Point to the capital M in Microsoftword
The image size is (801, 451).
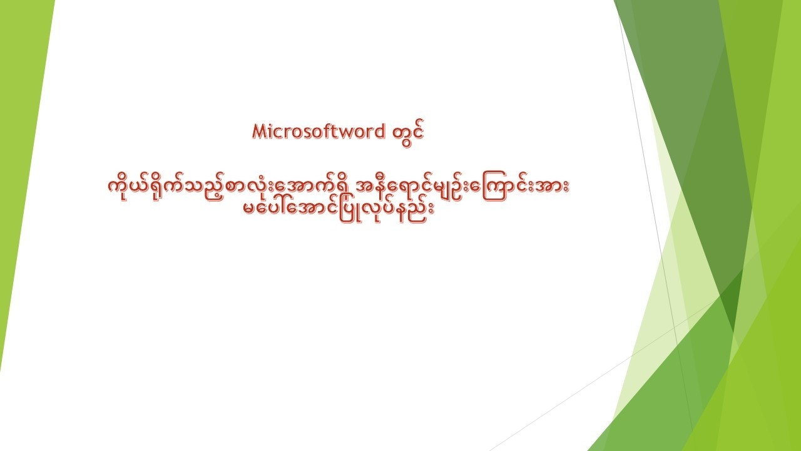point(258,131)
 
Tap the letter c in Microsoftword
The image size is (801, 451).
point(276,132)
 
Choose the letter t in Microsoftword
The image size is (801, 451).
point(338,131)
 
